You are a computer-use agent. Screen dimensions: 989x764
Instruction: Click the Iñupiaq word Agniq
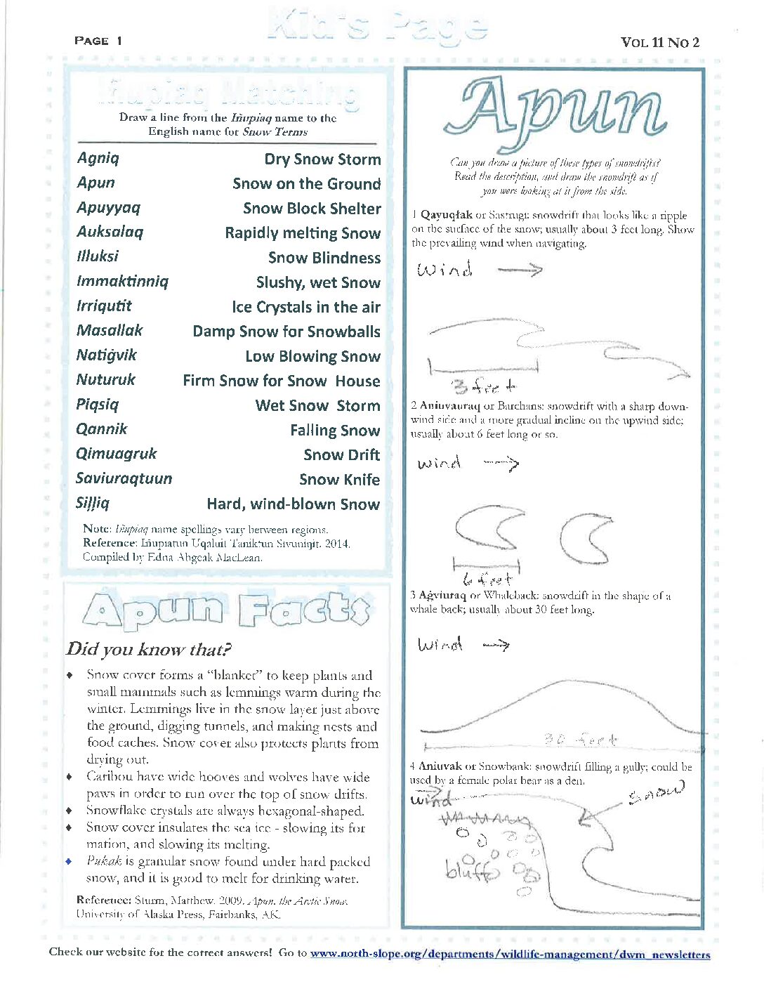(98, 158)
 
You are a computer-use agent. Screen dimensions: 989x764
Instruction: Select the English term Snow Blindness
(324, 258)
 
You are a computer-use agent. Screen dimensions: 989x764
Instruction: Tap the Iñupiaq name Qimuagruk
(117, 454)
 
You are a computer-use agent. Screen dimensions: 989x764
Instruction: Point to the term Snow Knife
(339, 480)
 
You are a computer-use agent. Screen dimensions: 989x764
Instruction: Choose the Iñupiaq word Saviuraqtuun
(124, 478)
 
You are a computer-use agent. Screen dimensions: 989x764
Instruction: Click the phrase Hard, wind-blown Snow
(293, 504)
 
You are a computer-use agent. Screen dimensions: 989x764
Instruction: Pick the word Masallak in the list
(110, 330)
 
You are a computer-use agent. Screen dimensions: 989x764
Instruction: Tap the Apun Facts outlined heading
(226, 610)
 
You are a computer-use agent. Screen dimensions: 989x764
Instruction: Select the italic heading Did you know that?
(149, 649)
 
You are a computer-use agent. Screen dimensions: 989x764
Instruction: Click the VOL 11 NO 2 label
(660, 42)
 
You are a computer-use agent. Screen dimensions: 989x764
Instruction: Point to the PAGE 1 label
(98, 41)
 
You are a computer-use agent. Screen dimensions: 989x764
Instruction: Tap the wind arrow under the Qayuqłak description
(520, 270)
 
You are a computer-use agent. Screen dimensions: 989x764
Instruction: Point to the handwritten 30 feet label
(581, 740)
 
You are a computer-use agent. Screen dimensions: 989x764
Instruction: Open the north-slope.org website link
(510, 954)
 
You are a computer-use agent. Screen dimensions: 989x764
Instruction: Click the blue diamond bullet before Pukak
(69, 861)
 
